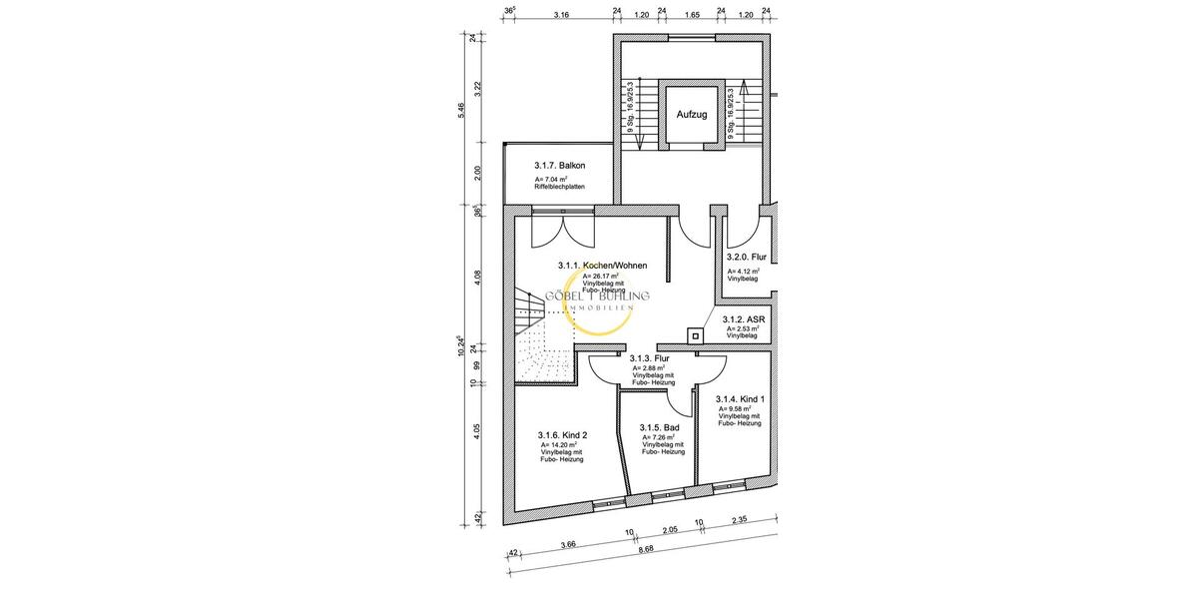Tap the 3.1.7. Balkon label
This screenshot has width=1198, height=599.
tap(559, 165)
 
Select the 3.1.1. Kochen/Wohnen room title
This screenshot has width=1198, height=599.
tap(602, 266)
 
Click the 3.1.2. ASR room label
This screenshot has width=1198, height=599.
tap(742, 319)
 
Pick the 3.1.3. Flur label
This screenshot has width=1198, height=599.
tap(648, 357)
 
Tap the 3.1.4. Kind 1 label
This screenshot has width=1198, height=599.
tap(740, 398)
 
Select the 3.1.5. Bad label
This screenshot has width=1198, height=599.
tap(660, 427)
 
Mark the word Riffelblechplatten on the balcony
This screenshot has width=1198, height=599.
tap(560, 187)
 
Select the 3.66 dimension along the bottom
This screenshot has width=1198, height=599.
tap(568, 544)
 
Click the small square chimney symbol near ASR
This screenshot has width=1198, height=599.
tap(692, 335)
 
